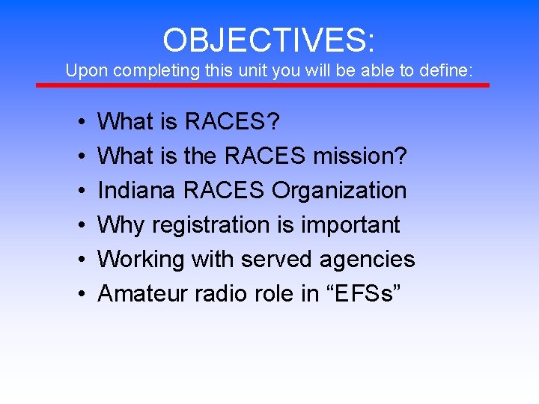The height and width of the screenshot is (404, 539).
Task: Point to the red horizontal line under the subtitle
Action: coord(263,85)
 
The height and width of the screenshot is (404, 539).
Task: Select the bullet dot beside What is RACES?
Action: coord(79,122)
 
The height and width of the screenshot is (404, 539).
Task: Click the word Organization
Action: coord(339,190)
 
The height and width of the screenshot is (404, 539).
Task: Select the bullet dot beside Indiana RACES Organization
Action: coord(79,191)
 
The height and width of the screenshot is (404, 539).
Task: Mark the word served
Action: coord(277,259)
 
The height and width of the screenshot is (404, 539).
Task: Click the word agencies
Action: coord(367,259)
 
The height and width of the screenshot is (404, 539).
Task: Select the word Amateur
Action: coord(142,293)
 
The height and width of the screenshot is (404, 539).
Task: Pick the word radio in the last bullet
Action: coord(216,293)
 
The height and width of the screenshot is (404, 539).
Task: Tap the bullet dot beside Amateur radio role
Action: coord(79,294)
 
